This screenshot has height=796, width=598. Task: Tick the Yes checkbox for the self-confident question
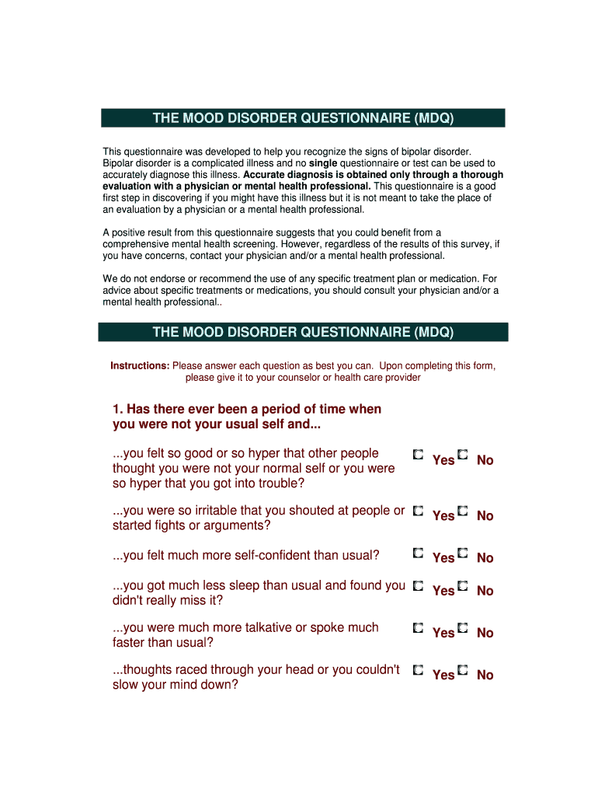(418, 553)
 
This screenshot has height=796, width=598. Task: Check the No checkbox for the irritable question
(463, 511)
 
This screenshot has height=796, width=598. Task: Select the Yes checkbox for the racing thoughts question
(418, 669)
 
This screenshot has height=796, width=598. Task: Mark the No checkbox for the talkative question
(463, 627)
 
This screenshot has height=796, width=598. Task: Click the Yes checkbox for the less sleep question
(418, 585)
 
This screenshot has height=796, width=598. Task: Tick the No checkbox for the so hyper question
(463, 454)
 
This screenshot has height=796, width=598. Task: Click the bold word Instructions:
(140, 365)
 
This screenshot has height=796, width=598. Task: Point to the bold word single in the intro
(323, 163)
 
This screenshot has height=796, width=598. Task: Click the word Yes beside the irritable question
(443, 515)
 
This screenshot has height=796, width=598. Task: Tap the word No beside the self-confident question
(485, 557)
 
